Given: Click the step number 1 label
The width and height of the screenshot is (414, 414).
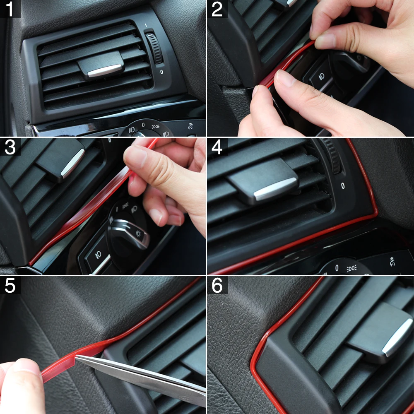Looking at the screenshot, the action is pyautogui.click(x=10, y=9).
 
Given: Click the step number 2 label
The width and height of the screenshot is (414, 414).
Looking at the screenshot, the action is pyautogui.click(x=217, y=9).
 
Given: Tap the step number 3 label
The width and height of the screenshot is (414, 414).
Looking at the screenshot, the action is pyautogui.click(x=10, y=147).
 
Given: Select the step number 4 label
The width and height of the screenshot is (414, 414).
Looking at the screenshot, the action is pyautogui.click(x=217, y=147).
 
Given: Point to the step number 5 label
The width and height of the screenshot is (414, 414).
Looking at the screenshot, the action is pyautogui.click(x=10, y=285).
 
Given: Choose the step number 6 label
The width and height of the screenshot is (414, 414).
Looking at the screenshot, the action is pyautogui.click(x=217, y=285).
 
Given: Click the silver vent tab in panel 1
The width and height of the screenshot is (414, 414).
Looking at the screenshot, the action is pyautogui.click(x=104, y=70).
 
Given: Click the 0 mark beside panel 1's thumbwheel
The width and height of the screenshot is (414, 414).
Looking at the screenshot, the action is pyautogui.click(x=161, y=72).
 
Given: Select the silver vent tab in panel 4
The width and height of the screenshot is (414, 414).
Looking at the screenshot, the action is pyautogui.click(x=275, y=189).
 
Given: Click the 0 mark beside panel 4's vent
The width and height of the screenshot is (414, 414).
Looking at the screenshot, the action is pyautogui.click(x=343, y=186).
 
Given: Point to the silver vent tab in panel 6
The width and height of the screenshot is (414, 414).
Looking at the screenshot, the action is pyautogui.click(x=393, y=337).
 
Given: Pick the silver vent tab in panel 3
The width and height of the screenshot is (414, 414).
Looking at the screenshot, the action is pyautogui.click(x=72, y=163).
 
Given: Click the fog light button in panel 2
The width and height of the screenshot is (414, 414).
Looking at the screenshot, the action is pyautogui.click(x=321, y=77).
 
